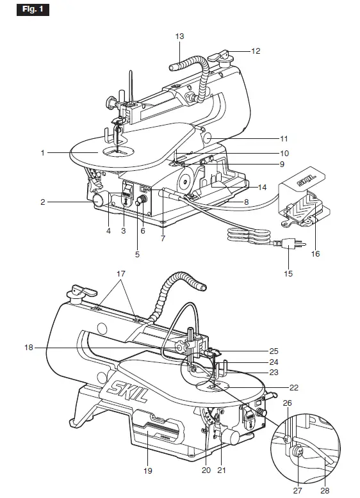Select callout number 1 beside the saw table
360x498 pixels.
43,152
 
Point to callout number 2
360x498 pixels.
43,202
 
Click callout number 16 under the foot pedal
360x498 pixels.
315,253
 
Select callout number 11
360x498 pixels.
284,138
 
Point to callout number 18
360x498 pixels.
28,347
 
